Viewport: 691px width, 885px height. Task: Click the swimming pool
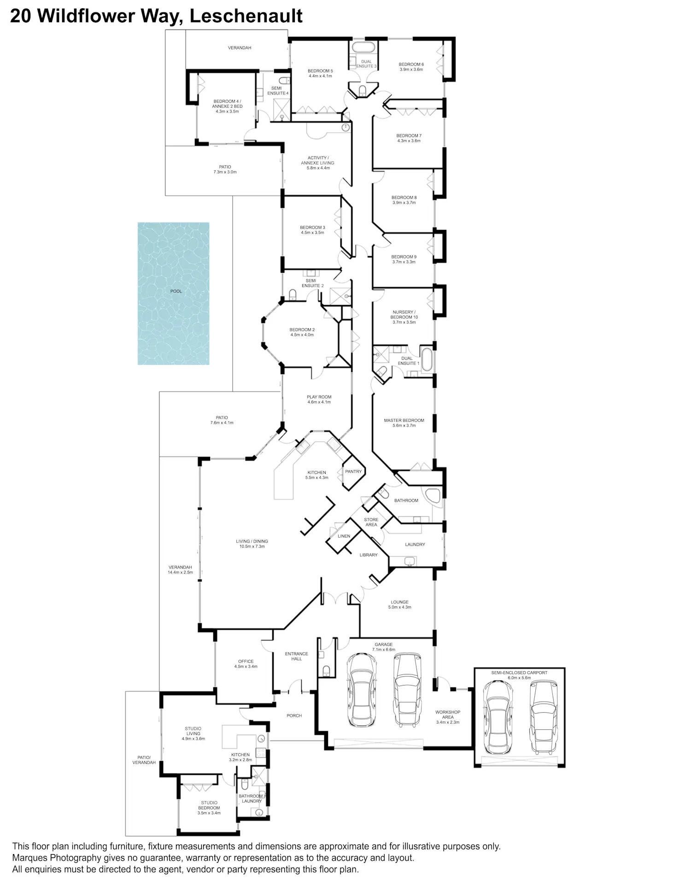(x=173, y=293)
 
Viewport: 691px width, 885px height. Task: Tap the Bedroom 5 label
(x=320, y=73)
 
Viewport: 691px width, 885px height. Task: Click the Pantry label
(x=353, y=471)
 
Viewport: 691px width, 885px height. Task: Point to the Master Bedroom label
(x=404, y=423)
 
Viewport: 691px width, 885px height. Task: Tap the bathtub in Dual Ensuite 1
(x=427, y=360)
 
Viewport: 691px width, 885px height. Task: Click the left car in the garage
(x=362, y=690)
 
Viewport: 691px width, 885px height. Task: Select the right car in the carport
(x=544, y=717)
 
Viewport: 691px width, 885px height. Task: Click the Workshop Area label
(x=448, y=717)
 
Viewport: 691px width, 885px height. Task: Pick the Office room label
(x=246, y=664)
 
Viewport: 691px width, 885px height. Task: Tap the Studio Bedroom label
(x=209, y=808)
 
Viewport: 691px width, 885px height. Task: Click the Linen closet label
(x=344, y=536)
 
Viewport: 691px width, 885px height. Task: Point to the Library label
(x=369, y=555)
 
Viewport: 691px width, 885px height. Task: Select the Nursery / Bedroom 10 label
(x=404, y=317)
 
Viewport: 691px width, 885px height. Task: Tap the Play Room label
(x=319, y=399)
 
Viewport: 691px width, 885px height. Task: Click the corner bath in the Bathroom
(x=433, y=495)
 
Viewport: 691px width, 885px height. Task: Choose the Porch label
(x=294, y=715)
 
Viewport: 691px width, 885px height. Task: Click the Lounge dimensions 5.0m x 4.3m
(x=400, y=607)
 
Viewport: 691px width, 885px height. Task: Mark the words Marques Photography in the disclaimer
(x=57, y=858)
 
